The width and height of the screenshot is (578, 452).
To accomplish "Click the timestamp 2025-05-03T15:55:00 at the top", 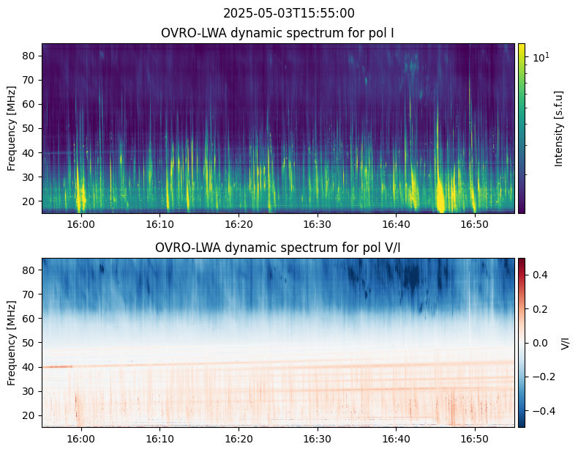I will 288,13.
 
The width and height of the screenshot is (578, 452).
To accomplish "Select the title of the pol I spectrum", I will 278,34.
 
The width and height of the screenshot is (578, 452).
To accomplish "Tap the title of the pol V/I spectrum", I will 278,248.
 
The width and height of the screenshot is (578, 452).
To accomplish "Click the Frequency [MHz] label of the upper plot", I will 12,128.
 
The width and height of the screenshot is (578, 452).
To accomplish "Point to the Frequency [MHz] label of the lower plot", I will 12,342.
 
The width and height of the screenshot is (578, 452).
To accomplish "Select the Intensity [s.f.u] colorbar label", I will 559,128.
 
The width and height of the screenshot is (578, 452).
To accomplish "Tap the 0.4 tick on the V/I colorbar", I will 540,274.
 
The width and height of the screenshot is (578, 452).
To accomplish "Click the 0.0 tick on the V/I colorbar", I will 540,342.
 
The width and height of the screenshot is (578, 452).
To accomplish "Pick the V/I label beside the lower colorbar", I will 564,342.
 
